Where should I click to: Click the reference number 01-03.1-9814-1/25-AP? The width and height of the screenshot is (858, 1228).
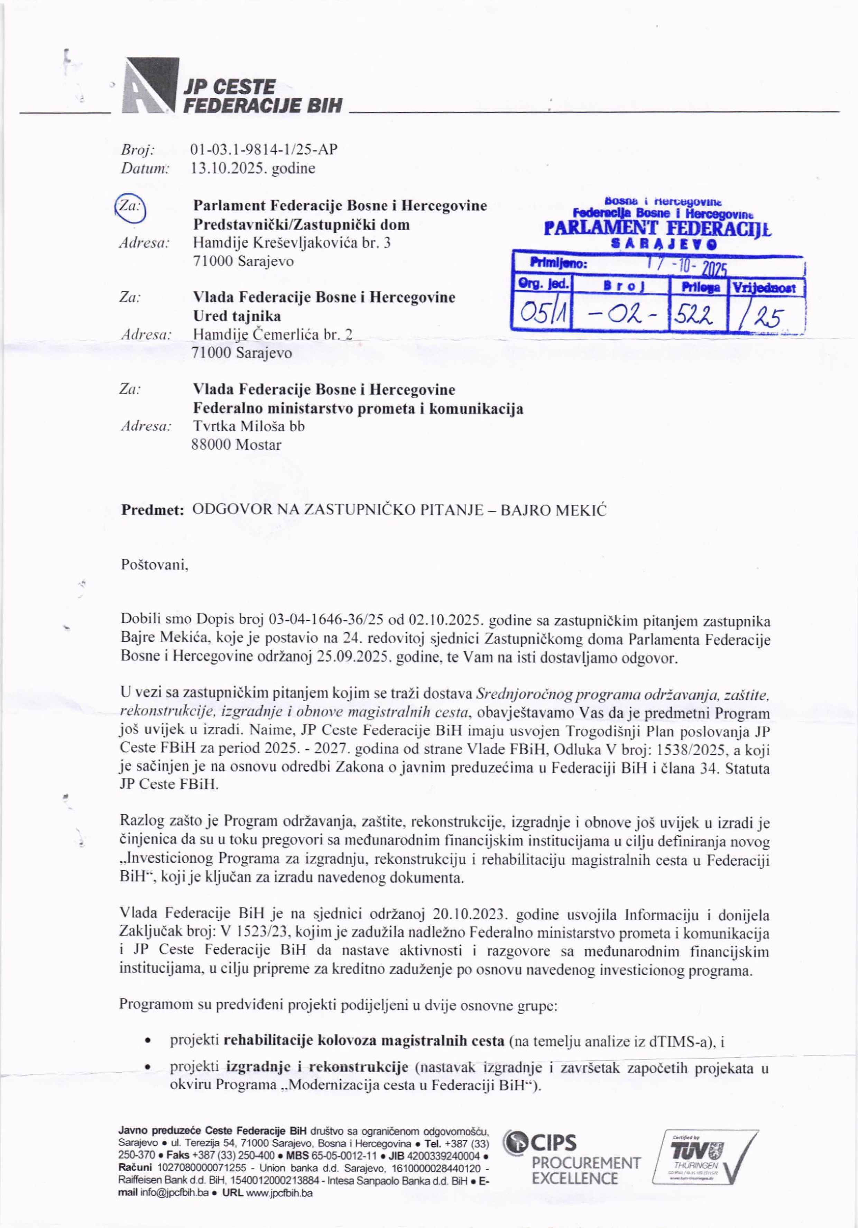(264, 149)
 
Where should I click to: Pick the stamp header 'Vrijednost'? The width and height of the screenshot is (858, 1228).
(768, 288)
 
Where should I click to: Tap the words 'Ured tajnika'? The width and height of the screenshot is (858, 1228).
(237, 316)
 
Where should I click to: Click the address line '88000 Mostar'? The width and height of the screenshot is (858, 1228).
(236, 445)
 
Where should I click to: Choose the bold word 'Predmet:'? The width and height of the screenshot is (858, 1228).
(153, 510)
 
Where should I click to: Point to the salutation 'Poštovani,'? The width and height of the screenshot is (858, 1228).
(155, 565)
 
